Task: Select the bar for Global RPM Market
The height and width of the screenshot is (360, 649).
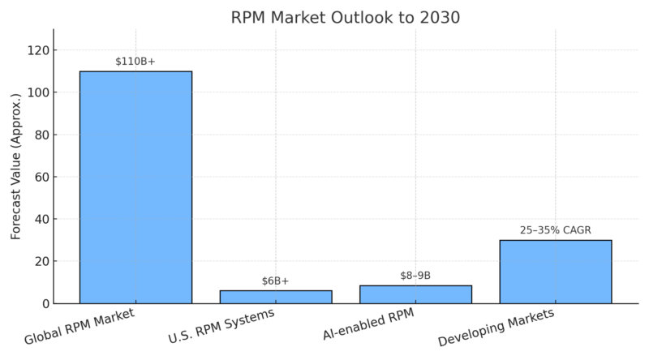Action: pos(135,187)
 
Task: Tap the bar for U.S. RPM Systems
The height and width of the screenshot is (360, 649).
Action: pos(276,297)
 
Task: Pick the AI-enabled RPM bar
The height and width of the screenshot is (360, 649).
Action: pos(415,294)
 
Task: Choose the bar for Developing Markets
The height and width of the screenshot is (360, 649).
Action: pos(556,272)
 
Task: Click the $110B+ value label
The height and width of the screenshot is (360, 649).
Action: pos(135,61)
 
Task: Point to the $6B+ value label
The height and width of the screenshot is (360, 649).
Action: pos(276,281)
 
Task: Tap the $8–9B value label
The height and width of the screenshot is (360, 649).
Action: pos(415,276)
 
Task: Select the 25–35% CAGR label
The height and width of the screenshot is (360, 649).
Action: pos(556,230)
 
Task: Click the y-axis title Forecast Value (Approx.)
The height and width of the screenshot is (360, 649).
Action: pos(15,167)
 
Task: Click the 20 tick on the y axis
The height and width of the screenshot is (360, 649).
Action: pos(40,262)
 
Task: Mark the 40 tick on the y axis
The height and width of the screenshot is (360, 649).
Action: pos(40,220)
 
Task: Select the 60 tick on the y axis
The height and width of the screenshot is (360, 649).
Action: pos(40,178)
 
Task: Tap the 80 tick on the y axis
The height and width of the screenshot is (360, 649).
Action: pos(40,135)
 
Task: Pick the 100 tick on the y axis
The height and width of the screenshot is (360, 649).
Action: pos(37,93)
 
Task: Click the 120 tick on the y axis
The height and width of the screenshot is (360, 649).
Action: pos(37,51)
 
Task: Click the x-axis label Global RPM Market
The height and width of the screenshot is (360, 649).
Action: pos(80,326)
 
